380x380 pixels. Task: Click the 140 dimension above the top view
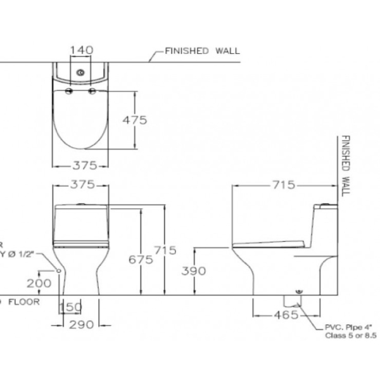click(81, 49)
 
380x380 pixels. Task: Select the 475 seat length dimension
click(135, 120)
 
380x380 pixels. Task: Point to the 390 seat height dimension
click(194, 271)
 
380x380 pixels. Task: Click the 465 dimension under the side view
click(279, 315)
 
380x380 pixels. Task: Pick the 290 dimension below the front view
click(82, 324)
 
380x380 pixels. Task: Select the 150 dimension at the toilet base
click(70, 307)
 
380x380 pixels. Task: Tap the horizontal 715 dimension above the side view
click(282, 185)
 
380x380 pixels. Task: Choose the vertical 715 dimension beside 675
click(165, 250)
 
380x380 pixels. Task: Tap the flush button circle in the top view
click(80, 72)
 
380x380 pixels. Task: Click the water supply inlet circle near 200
click(59, 271)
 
